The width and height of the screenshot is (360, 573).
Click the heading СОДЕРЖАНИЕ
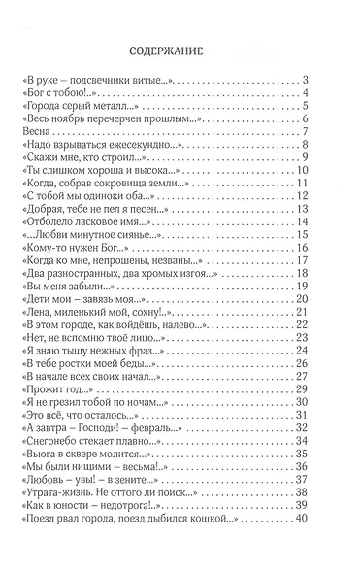point(180,51)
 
